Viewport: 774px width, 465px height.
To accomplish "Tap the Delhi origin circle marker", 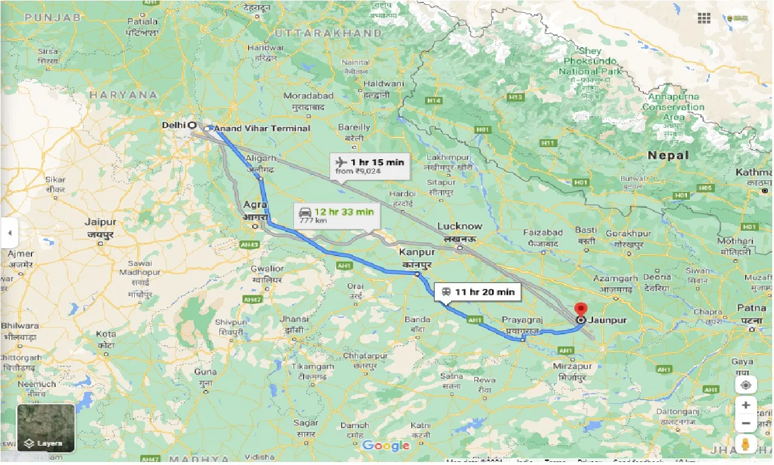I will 192,125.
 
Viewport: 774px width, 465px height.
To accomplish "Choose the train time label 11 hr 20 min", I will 484,292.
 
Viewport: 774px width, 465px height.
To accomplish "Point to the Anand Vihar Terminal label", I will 262,128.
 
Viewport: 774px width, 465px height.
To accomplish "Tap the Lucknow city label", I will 460,226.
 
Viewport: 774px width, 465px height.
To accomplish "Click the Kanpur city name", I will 417,252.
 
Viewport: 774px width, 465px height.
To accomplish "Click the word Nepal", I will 668,156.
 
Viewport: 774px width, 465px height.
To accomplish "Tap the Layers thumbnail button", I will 46,427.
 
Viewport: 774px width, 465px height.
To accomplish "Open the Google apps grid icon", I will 704,18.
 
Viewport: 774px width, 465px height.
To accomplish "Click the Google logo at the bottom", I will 386,446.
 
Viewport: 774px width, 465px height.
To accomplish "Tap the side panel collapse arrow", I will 9,232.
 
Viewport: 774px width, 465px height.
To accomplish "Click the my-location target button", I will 746,385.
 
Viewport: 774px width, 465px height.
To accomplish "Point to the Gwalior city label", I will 268,268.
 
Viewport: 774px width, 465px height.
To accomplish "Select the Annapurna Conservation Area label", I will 673,107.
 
